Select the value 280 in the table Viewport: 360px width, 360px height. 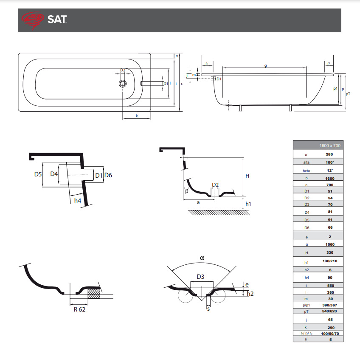click(329, 155)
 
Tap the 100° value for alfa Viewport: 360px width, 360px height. click(329, 162)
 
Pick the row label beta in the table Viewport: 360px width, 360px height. click(306, 171)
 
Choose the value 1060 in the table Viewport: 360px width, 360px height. click(329, 244)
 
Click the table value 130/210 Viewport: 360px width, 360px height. click(329, 261)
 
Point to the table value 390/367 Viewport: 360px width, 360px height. click(329, 305)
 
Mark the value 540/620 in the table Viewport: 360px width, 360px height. click(329, 312)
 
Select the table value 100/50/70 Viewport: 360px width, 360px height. click(329, 334)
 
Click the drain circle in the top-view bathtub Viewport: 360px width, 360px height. click(123, 84)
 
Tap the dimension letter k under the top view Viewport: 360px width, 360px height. click(137, 116)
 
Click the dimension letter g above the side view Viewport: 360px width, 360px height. click(265, 65)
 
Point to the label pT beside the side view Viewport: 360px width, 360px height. click(348, 94)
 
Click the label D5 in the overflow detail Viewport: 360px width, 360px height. click(38, 174)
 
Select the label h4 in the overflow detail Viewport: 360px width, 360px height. click(77, 200)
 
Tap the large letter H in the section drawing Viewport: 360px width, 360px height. click(247, 176)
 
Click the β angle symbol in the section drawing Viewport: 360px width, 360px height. click(186, 192)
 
